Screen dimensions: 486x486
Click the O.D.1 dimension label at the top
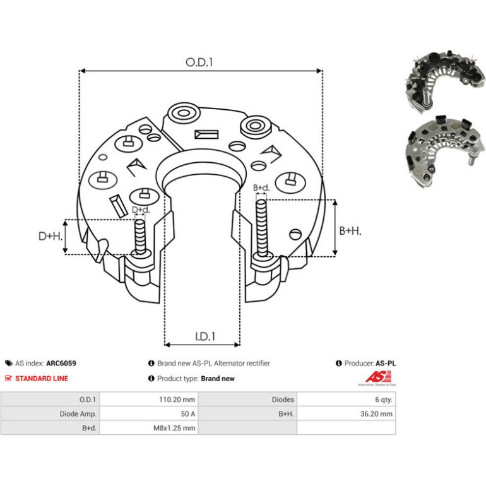(x=199, y=62)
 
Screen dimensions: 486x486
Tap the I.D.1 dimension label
(x=205, y=336)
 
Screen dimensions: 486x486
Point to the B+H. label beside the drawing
(x=350, y=230)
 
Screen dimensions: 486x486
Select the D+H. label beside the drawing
(x=50, y=236)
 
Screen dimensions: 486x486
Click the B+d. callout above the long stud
(x=261, y=187)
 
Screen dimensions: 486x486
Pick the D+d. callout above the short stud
(x=141, y=210)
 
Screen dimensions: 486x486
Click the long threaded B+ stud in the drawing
(x=262, y=228)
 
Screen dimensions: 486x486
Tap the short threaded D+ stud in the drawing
(x=140, y=236)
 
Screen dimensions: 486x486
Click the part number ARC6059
(x=61, y=364)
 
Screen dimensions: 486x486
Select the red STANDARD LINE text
(x=42, y=379)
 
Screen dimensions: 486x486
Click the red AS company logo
(x=378, y=378)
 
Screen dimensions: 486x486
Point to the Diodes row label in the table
(x=283, y=400)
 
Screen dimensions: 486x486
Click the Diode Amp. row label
(x=78, y=414)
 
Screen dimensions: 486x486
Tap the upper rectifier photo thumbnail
(x=444, y=81)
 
